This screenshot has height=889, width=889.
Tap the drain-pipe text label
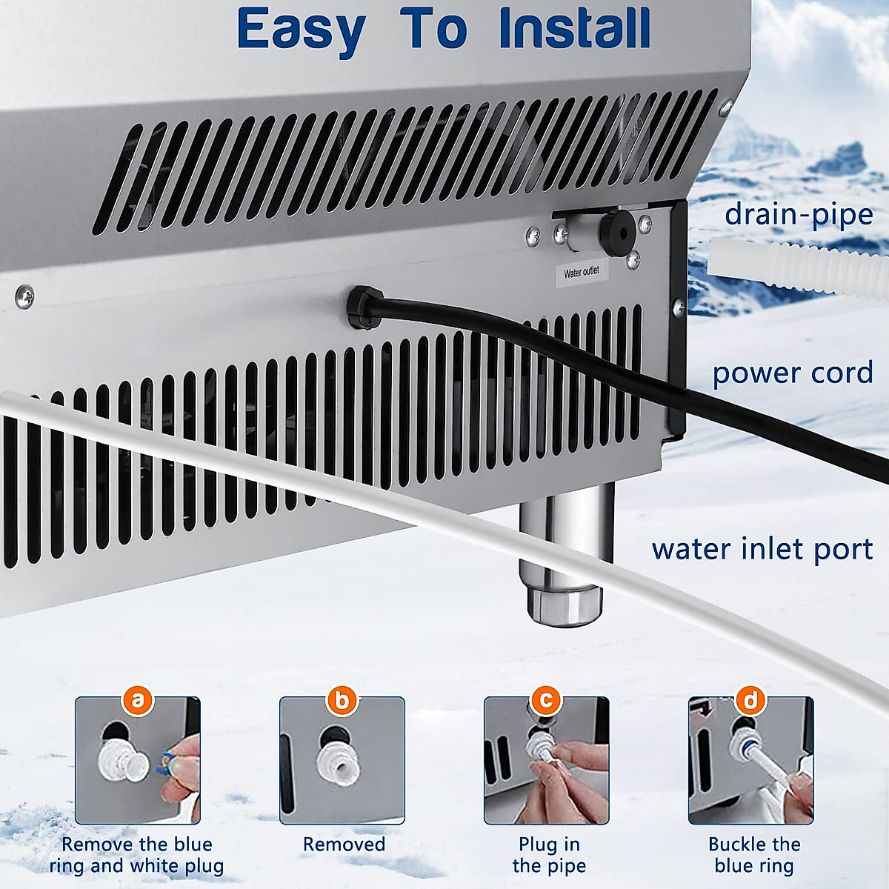799,215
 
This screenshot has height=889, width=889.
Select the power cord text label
793,373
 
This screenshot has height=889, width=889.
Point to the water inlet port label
762,549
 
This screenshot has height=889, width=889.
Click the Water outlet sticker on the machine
582,272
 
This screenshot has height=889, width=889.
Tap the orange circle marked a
138,699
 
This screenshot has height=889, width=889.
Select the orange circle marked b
342,699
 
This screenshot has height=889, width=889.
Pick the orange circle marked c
547,699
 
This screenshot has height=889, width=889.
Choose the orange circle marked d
751,699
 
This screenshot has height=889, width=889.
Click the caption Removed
344,845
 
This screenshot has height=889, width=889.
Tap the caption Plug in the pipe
549,855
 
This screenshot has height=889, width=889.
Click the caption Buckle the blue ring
754,855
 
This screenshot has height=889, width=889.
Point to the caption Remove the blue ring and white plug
137,855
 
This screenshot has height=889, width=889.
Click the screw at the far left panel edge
24,297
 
